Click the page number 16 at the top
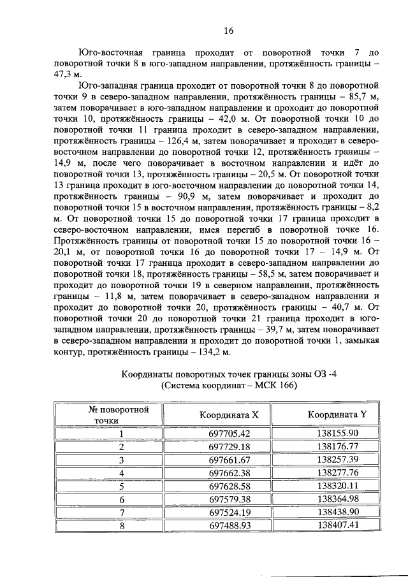click(x=229, y=31)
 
